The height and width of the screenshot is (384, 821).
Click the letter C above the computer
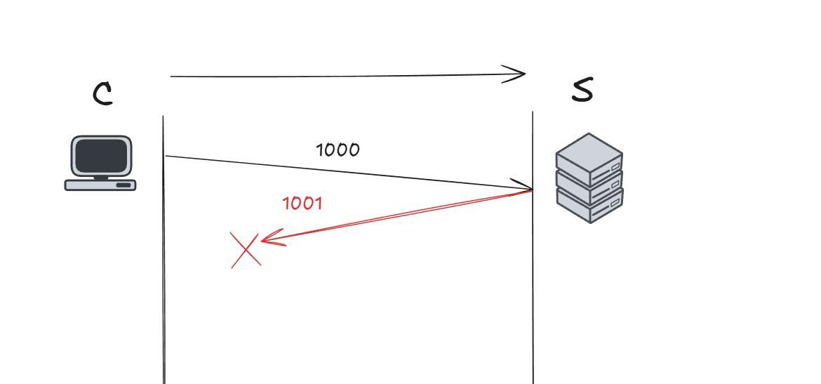[x=102, y=94]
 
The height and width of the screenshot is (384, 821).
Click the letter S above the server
[x=582, y=91]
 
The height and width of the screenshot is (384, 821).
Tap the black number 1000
[x=338, y=150]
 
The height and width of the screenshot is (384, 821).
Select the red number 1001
[x=302, y=204]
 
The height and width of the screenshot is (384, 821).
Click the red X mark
[x=246, y=250]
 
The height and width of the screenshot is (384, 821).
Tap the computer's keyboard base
[x=100, y=185]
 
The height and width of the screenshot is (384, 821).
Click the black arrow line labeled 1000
[x=351, y=173]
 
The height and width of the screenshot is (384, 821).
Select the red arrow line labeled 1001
[x=393, y=215]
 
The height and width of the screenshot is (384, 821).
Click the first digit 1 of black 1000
[x=320, y=150]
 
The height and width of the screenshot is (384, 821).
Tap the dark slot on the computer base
[x=123, y=185]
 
